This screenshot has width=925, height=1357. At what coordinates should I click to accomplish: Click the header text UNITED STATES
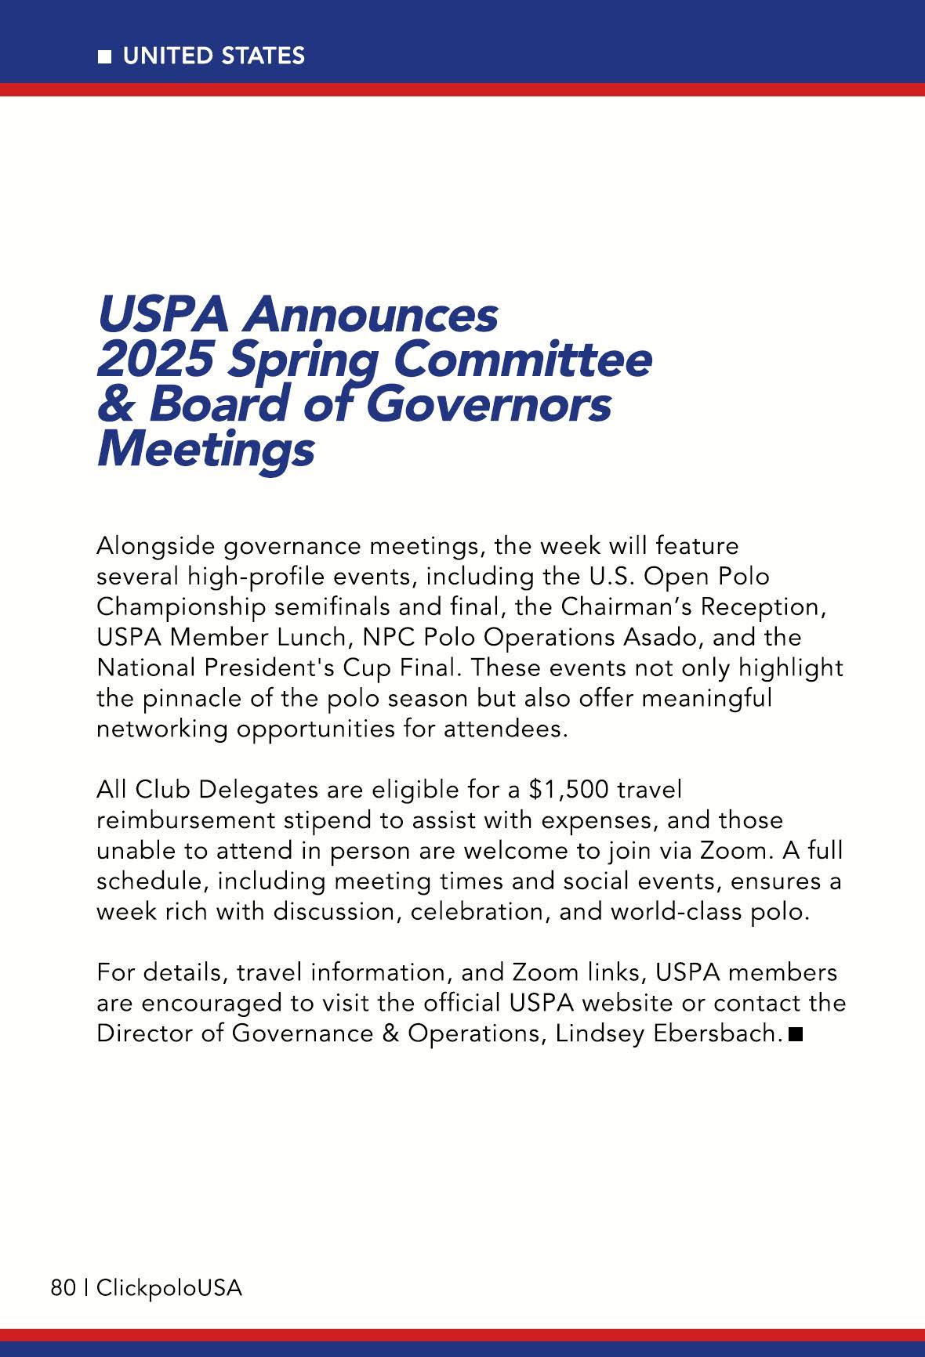[x=213, y=56]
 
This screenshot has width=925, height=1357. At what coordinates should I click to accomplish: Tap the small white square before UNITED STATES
[x=105, y=56]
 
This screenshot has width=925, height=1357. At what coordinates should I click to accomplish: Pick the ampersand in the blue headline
[x=117, y=405]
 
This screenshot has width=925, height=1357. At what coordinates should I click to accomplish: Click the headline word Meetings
[x=205, y=451]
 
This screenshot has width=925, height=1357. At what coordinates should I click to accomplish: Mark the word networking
[x=162, y=729]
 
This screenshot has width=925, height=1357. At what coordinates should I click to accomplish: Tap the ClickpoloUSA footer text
[x=169, y=1288]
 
